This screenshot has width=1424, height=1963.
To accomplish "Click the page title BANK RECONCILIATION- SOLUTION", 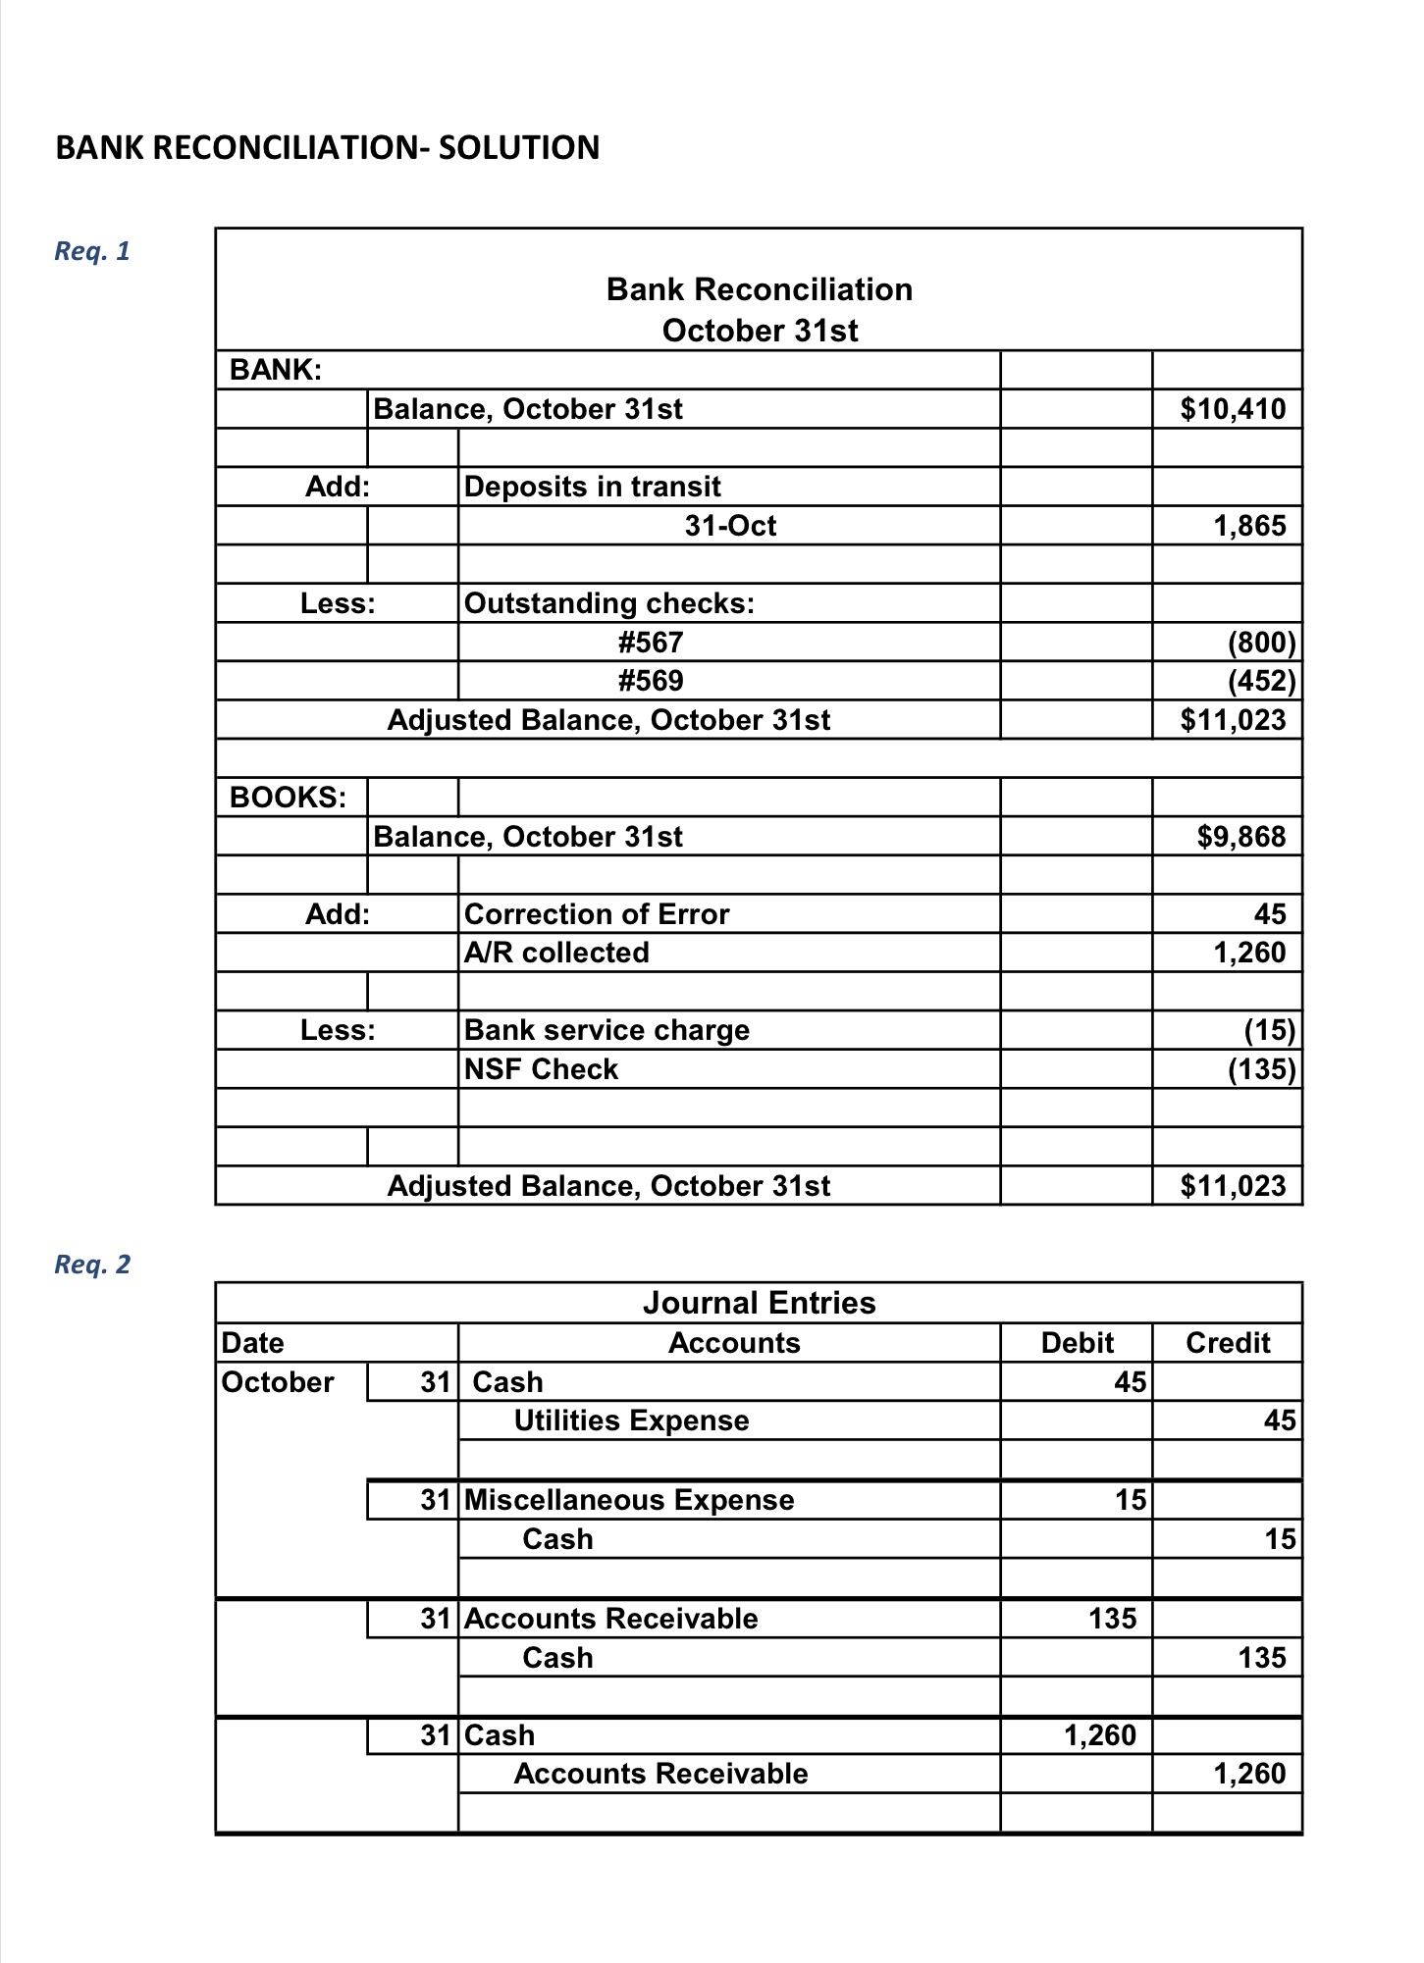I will [327, 148].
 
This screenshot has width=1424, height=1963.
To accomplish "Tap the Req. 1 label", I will [92, 251].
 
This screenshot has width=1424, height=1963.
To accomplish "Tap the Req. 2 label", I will [92, 1265].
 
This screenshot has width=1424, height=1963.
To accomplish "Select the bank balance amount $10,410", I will [1233, 409].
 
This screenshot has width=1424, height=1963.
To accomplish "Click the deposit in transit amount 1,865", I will [1248, 526].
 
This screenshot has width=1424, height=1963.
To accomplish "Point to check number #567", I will [651, 643].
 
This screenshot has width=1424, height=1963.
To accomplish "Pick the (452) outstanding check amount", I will [1261, 681].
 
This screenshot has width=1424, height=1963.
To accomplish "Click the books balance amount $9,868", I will [1240, 837].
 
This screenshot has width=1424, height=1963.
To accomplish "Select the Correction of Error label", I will [597, 914].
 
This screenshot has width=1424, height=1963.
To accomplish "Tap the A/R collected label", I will [556, 953].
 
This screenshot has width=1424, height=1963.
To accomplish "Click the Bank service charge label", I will [607, 1030].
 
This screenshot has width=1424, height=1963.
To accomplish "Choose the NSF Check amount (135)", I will [1261, 1069].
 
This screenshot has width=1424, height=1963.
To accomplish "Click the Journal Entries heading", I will [759, 1303].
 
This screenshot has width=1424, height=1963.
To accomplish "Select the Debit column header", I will [1077, 1343].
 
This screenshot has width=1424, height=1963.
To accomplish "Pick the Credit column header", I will [1228, 1343].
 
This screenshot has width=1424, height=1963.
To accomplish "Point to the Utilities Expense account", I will [631, 1421].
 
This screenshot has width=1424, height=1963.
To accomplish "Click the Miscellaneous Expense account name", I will [629, 1500].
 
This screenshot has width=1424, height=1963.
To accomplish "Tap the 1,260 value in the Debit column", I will [1099, 1735].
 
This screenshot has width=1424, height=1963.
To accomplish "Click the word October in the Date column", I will [278, 1382].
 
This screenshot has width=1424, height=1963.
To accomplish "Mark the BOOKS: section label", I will [288, 798].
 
